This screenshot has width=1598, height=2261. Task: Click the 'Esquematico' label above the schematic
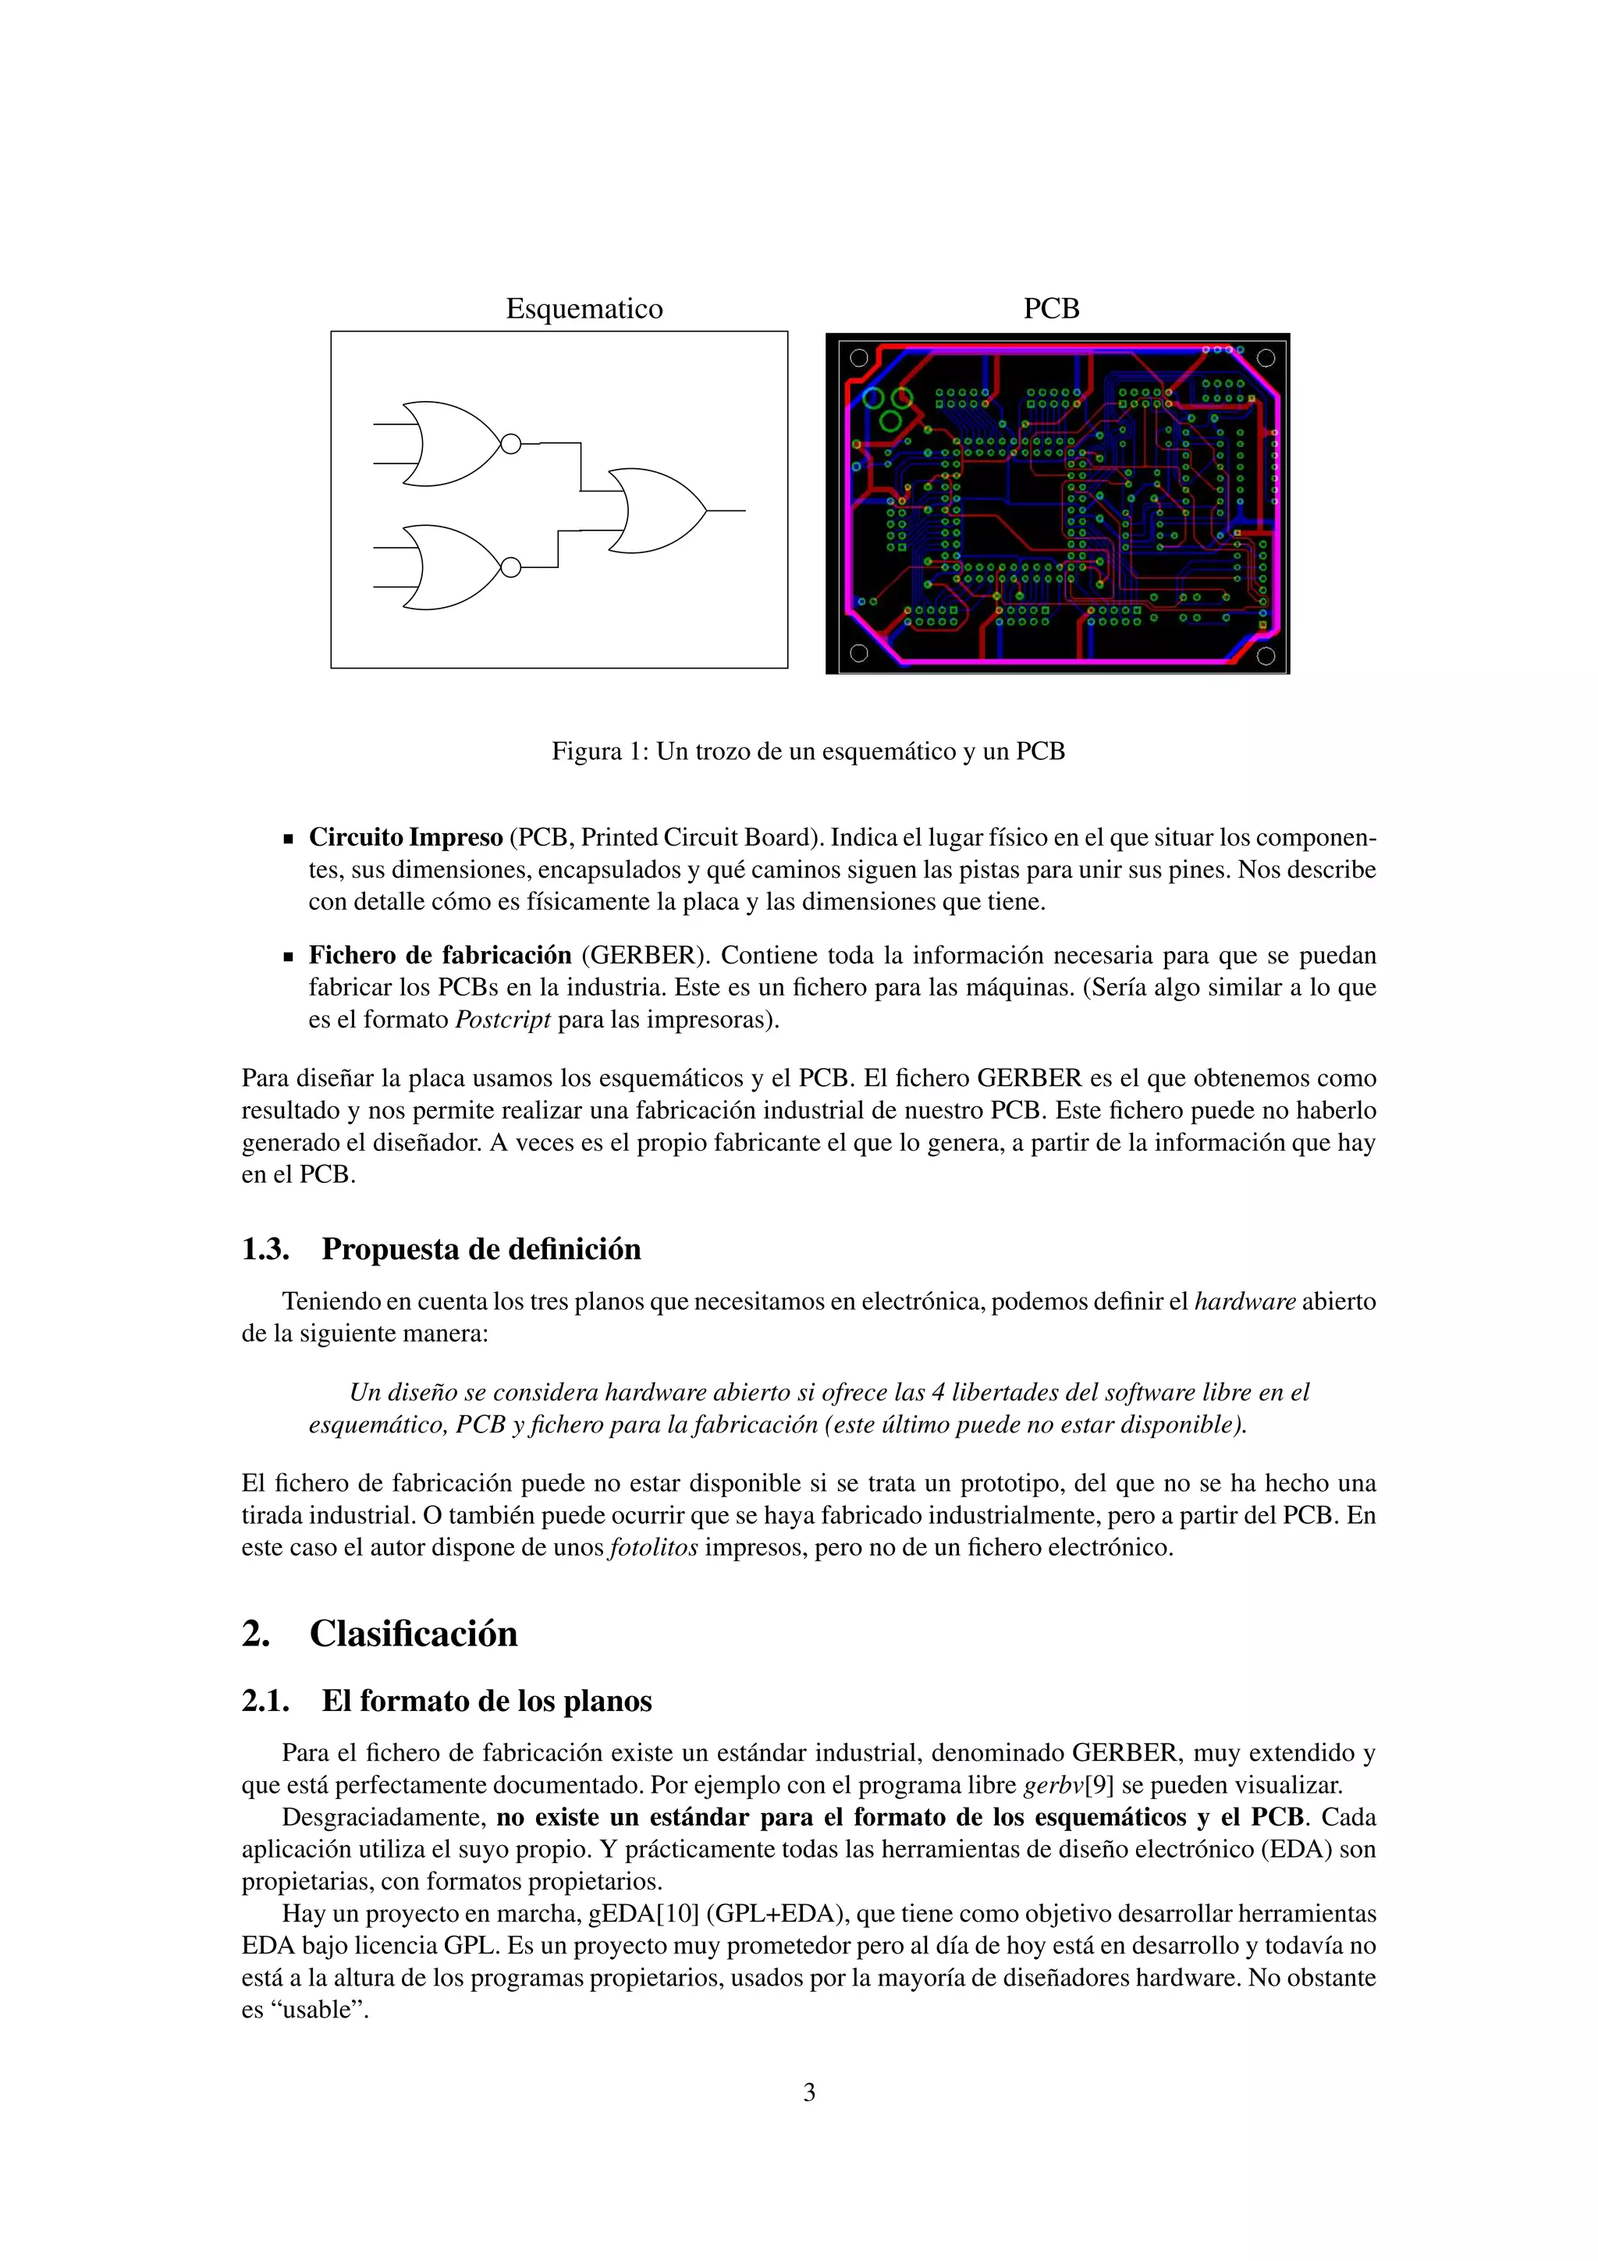pyautogui.click(x=584, y=309)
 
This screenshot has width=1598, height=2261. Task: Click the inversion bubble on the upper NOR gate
pyautogui.click(x=510, y=444)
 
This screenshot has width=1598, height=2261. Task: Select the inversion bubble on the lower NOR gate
pyautogui.click(x=510, y=567)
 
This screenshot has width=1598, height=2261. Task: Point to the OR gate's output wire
pyautogui.click(x=726, y=511)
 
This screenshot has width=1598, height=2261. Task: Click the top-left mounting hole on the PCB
pyautogui.click(x=858, y=358)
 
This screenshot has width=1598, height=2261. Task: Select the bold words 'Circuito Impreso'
pyautogui.click(x=406, y=838)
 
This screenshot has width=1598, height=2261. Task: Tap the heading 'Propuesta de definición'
pyautogui.click(x=481, y=1250)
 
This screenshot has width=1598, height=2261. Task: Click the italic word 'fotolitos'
pyautogui.click(x=654, y=1548)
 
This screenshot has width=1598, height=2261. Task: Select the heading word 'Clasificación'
pyautogui.click(x=414, y=1634)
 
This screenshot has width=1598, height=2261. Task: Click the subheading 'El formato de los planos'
pyautogui.click(x=486, y=1702)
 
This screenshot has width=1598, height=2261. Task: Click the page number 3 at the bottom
pyautogui.click(x=809, y=2092)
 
